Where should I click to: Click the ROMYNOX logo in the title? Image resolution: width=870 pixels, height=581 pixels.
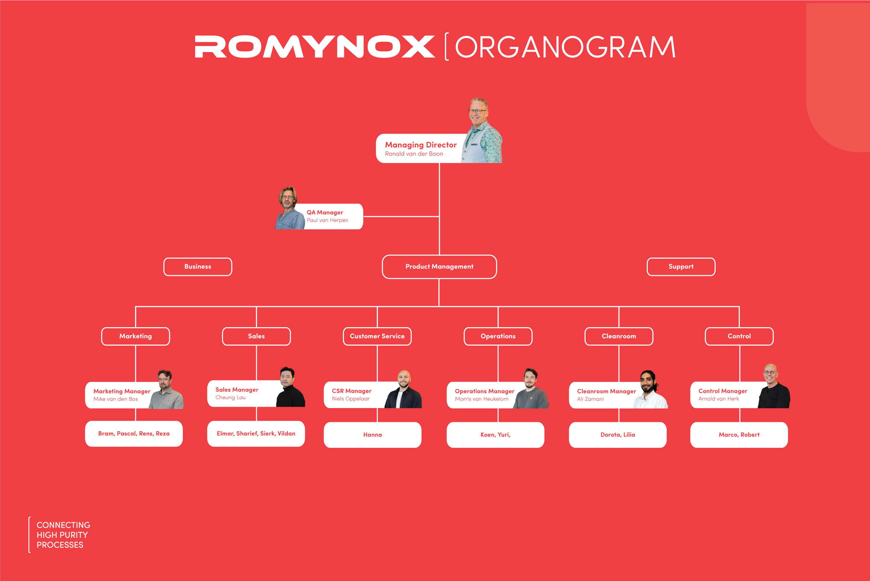pyautogui.click(x=315, y=47)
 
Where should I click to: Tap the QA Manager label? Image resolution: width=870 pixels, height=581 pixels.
pyautogui.click(x=325, y=212)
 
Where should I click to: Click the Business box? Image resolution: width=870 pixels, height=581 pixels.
pyautogui.click(x=198, y=267)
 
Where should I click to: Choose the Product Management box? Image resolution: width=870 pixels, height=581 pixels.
pyautogui.click(x=439, y=267)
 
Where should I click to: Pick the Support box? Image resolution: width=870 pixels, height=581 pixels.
pyautogui.click(x=681, y=267)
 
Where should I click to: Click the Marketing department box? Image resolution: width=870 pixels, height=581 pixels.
pyautogui.click(x=136, y=336)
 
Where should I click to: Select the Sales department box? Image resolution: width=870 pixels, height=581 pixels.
pyautogui.click(x=256, y=336)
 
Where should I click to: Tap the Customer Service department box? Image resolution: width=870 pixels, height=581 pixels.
pyautogui.click(x=377, y=336)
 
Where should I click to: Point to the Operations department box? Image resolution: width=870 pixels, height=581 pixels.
pyautogui.click(x=498, y=336)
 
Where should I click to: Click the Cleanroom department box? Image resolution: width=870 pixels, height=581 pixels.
pyautogui.click(x=619, y=336)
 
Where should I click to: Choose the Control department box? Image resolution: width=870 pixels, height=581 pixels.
pyautogui.click(x=739, y=336)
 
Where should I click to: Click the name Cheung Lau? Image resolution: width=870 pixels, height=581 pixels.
pyautogui.click(x=230, y=398)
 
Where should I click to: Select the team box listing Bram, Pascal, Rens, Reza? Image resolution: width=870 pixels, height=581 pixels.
pyautogui.click(x=134, y=434)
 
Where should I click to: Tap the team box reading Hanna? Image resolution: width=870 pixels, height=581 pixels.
pyautogui.click(x=372, y=435)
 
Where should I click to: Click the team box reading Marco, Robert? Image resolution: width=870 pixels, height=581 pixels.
pyautogui.click(x=739, y=435)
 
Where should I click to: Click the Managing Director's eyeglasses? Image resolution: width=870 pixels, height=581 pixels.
pyautogui.click(x=478, y=111)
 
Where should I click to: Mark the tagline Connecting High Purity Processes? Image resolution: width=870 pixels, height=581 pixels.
pyautogui.click(x=63, y=535)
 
